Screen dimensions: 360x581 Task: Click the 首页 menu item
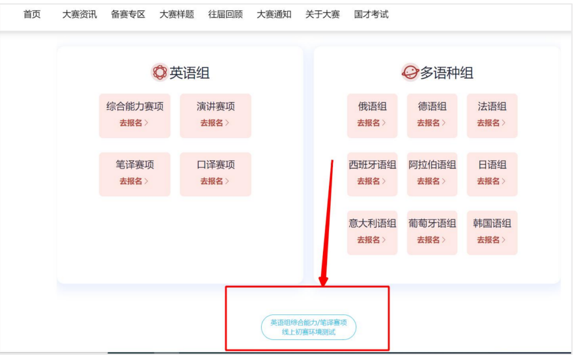pyautogui.click(x=32, y=14)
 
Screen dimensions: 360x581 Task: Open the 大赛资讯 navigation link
pyautogui.click(x=79, y=14)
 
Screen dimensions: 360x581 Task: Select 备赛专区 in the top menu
pyautogui.click(x=128, y=14)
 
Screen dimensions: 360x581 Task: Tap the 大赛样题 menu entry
pyautogui.click(x=177, y=14)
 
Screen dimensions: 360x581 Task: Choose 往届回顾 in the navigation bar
pyautogui.click(x=225, y=14)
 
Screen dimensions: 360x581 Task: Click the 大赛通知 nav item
pyautogui.click(x=274, y=14)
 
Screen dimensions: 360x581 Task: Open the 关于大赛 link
pyautogui.click(x=322, y=14)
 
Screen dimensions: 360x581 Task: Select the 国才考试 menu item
pyautogui.click(x=371, y=14)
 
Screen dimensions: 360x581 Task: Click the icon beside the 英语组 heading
pyautogui.click(x=160, y=73)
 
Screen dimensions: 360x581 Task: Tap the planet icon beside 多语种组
pyautogui.click(x=410, y=73)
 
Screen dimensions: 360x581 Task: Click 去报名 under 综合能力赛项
pyautogui.click(x=134, y=122)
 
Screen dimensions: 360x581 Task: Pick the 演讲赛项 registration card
pyautogui.click(x=216, y=115)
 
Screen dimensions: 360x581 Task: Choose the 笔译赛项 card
pyautogui.click(x=135, y=174)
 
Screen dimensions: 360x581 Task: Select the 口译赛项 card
pyautogui.click(x=216, y=174)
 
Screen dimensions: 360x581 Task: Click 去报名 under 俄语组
pyautogui.click(x=372, y=122)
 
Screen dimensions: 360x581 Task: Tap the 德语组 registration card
pyautogui.click(x=432, y=115)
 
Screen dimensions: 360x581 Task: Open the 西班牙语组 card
pyautogui.click(x=372, y=174)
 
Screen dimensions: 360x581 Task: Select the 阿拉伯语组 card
pyautogui.click(x=432, y=174)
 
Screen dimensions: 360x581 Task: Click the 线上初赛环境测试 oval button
pyautogui.click(x=309, y=327)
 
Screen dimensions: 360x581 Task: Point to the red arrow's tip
pyautogui.click(x=323, y=284)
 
